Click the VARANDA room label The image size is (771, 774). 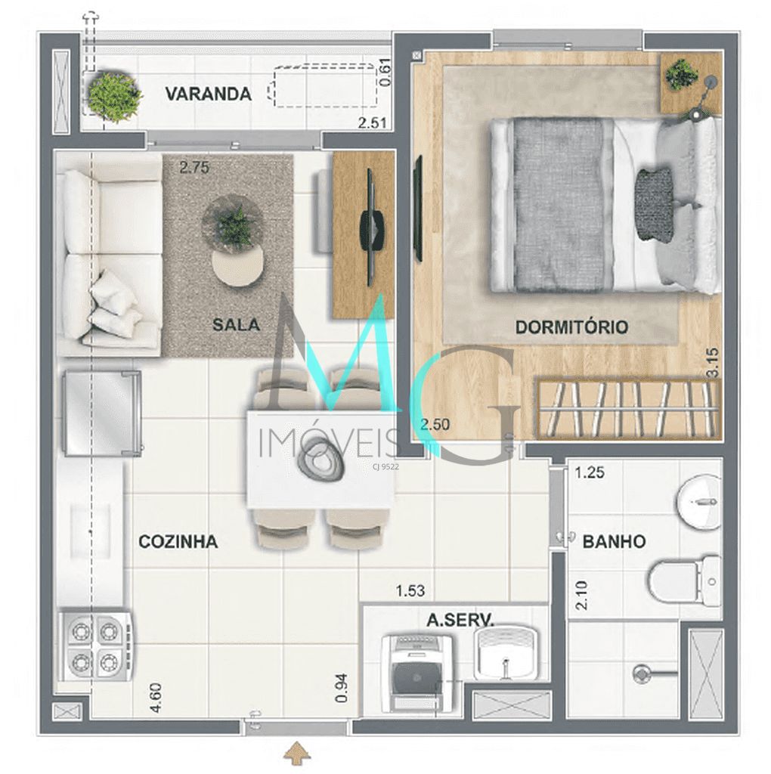[x=209, y=94]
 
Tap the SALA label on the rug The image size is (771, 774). [x=236, y=325]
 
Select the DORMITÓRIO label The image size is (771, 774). [x=571, y=327]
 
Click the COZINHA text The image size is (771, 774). [x=178, y=542]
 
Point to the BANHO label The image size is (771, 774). [x=614, y=542]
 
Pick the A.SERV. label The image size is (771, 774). [x=460, y=621]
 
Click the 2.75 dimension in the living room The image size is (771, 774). [x=194, y=169]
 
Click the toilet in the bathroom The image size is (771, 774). [x=684, y=582]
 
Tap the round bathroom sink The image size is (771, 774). [x=699, y=500]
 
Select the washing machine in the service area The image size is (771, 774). [x=418, y=670]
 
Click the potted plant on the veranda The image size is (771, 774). [x=114, y=94]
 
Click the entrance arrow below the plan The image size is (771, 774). [x=299, y=753]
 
